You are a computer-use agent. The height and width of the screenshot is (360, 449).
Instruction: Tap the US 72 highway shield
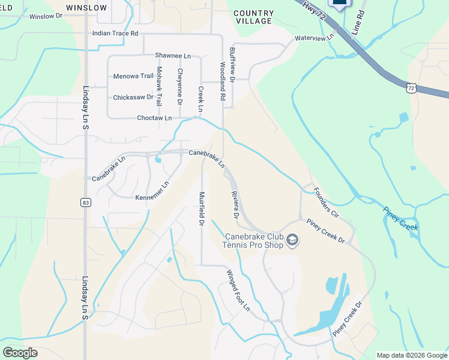point(411,88)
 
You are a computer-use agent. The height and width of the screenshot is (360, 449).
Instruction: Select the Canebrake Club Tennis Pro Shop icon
point(292,241)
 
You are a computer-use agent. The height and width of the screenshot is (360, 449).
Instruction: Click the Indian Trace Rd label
point(115,34)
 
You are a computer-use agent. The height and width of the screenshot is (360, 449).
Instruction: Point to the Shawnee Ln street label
point(173,55)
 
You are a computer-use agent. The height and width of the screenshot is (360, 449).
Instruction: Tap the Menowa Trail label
point(133,76)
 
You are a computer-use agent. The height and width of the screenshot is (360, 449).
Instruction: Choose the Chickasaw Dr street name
point(133,97)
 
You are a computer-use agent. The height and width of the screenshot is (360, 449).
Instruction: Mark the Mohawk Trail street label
point(159,86)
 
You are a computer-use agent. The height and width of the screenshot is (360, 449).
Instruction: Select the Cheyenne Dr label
point(179,86)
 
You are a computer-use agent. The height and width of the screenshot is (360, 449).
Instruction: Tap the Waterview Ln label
point(314,38)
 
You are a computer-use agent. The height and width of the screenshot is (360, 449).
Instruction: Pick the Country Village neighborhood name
point(253,17)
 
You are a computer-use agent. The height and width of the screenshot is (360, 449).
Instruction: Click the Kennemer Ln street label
point(152,193)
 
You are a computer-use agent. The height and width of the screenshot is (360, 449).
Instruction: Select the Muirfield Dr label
point(202,209)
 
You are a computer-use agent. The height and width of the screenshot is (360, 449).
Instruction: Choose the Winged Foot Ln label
point(238,290)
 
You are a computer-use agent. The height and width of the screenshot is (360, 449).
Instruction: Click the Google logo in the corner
point(20,353)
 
